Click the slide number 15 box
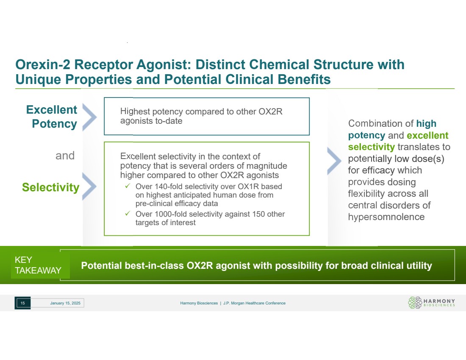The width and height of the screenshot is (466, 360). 22,303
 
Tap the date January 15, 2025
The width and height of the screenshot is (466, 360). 65,303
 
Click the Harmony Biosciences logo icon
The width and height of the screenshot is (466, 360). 415,303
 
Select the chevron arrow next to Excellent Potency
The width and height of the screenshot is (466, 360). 89,117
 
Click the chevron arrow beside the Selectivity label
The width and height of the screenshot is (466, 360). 89,186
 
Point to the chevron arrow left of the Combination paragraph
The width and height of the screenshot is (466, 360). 334,161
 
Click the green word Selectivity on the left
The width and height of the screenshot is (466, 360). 50,187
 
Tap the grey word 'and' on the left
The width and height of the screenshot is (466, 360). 65,156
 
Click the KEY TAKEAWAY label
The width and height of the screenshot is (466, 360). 38,265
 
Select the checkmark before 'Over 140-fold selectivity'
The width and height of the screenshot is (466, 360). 128,186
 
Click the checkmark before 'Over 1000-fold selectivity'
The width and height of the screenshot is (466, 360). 128,214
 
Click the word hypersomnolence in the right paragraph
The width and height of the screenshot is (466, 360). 386,217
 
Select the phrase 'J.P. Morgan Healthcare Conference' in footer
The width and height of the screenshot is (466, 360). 255,303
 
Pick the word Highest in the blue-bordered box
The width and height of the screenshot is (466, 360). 135,112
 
